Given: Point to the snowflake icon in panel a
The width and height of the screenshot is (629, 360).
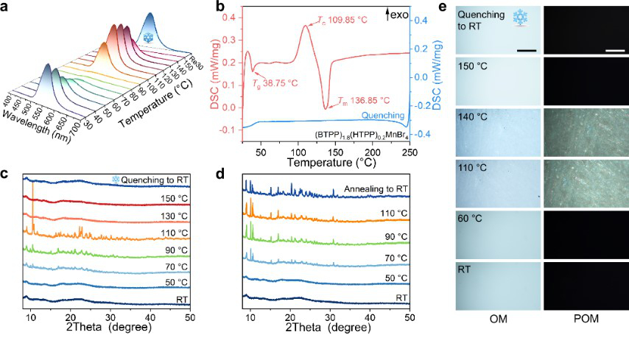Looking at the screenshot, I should click(149, 37).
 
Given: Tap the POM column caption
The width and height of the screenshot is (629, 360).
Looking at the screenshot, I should click(584, 319).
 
